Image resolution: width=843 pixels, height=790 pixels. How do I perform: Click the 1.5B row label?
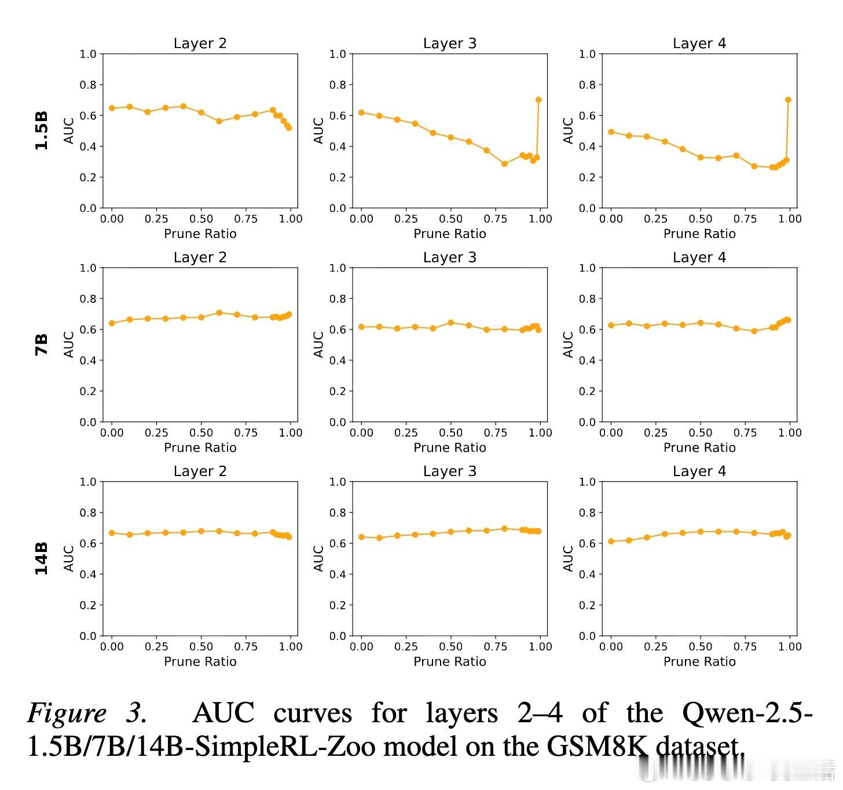click(x=41, y=131)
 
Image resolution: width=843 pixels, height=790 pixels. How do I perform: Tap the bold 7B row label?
click(x=41, y=345)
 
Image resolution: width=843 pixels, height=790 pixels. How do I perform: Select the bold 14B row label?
click(x=41, y=558)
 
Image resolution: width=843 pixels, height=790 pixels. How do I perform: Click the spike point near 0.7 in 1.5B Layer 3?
click(x=538, y=100)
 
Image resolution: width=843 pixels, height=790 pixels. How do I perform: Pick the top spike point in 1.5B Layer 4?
click(x=788, y=100)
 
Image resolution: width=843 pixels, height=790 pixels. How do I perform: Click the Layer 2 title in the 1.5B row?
click(x=200, y=43)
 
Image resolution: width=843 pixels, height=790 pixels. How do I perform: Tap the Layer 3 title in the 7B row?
click(x=449, y=257)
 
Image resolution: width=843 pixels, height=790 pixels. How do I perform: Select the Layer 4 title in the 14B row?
click(x=699, y=471)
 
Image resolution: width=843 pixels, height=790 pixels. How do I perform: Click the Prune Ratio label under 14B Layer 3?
click(x=449, y=661)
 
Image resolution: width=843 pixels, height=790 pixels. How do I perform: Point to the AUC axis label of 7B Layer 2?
click(x=69, y=345)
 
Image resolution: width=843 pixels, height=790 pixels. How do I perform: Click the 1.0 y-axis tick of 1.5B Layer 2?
click(x=88, y=54)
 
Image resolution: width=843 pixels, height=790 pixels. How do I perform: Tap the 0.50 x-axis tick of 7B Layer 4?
click(x=701, y=433)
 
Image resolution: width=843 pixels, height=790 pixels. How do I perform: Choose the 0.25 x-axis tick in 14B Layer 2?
click(x=156, y=646)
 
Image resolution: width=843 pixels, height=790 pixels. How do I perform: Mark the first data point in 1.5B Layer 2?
click(x=112, y=108)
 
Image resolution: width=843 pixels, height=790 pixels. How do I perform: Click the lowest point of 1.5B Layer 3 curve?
click(x=504, y=164)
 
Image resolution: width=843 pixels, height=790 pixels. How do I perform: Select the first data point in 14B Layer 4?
click(x=611, y=542)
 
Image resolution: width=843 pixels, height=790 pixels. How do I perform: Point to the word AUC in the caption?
click(x=223, y=714)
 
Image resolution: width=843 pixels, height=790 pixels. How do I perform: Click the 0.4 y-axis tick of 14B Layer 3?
click(x=338, y=574)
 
